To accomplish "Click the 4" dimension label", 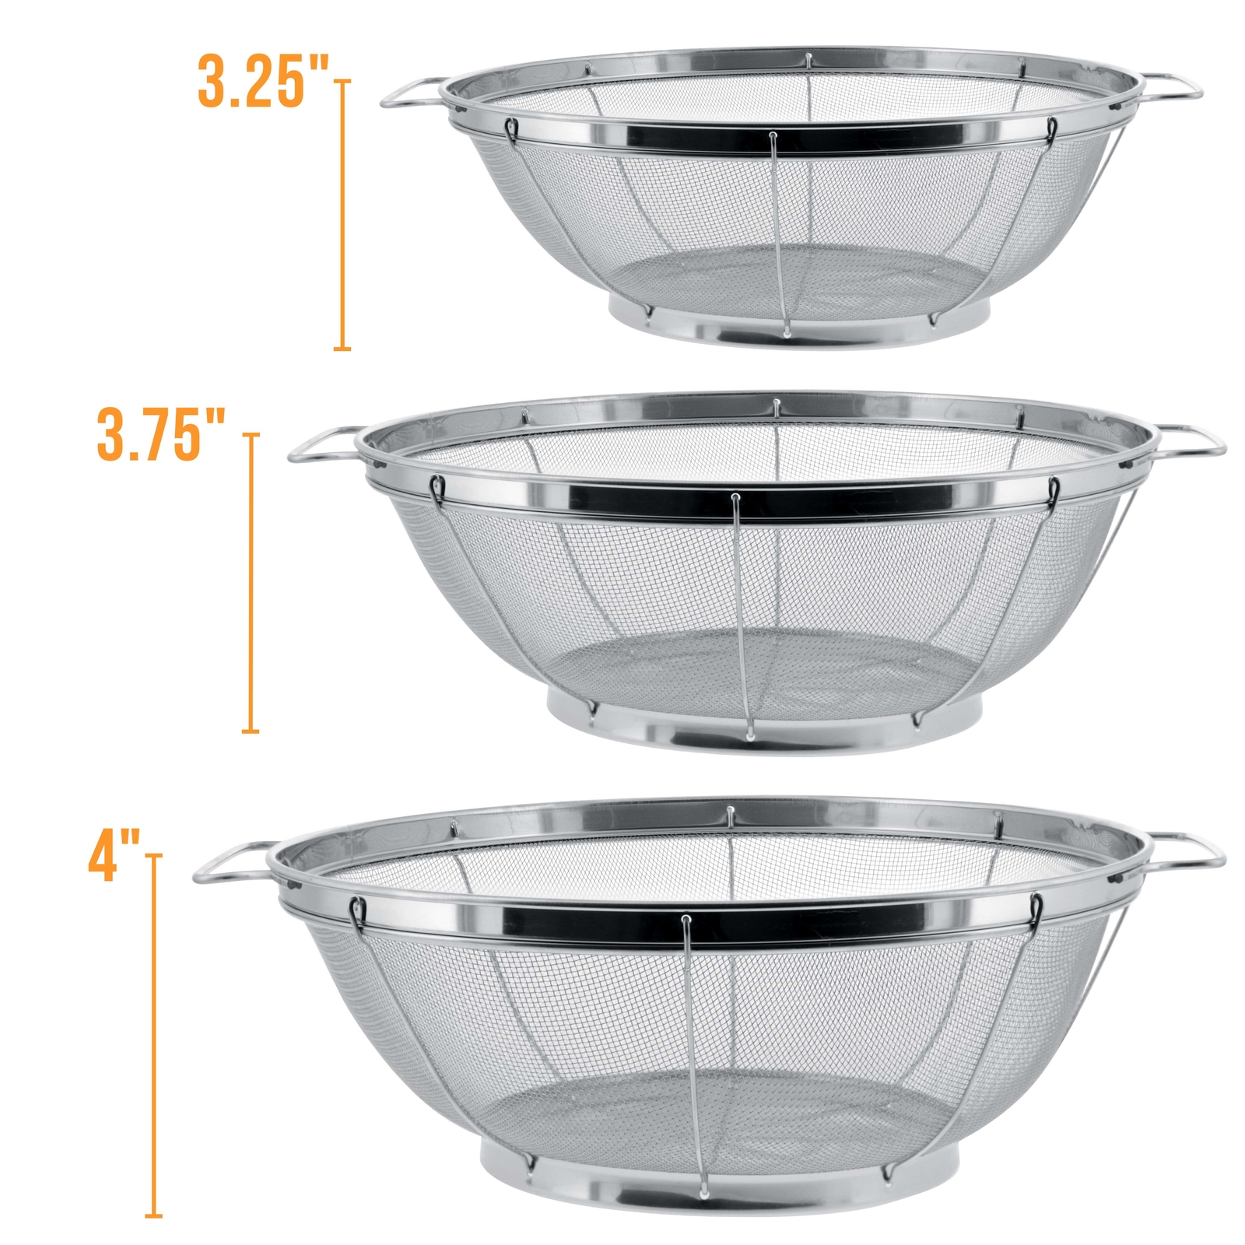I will pos(114,857).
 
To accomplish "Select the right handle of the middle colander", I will pos(1194,440).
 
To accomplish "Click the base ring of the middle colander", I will pos(763,735).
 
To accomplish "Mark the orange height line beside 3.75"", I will pos(250,584).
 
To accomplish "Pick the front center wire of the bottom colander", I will pos(693,1050).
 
